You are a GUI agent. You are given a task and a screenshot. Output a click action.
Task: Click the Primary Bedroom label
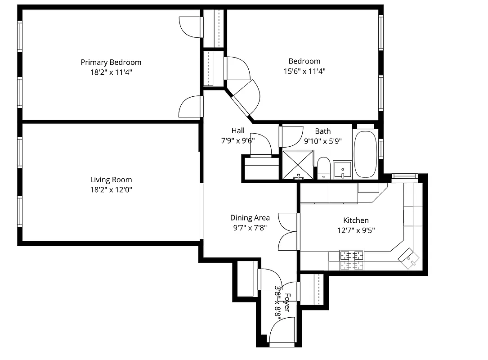(111, 62)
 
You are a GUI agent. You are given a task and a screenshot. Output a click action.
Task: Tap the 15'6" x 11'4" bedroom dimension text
(304, 71)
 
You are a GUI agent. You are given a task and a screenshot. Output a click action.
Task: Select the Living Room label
(111, 180)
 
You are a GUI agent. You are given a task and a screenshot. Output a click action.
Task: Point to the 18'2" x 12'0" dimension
(111, 190)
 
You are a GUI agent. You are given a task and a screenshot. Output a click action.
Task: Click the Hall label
(238, 130)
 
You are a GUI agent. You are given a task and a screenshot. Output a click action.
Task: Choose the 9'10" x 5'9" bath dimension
(322, 141)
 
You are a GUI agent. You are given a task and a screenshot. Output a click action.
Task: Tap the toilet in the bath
(323, 167)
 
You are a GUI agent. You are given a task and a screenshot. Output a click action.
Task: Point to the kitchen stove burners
(352, 260)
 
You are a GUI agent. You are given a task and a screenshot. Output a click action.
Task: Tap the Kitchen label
(356, 220)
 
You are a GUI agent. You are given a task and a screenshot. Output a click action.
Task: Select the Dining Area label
(250, 218)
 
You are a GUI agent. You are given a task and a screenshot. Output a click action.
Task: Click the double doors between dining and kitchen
(288, 232)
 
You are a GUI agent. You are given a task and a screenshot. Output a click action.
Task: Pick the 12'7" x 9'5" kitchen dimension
(356, 230)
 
